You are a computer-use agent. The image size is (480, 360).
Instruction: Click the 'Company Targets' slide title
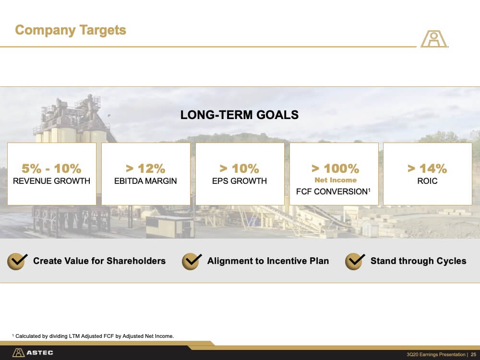[71, 30]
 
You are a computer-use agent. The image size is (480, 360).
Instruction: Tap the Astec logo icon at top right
[434, 38]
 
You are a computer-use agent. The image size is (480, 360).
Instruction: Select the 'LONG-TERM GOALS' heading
[240, 115]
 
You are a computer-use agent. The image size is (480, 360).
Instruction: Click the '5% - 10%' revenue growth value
[51, 168]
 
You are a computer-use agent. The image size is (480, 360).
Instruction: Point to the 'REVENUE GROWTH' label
[51, 181]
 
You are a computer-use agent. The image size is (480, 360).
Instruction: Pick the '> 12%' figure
[145, 168]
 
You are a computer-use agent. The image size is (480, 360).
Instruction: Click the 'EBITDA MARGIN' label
[145, 181]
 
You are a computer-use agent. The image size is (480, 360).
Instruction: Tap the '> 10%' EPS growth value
[240, 168]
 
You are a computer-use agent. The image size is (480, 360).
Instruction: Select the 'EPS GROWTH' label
[240, 181]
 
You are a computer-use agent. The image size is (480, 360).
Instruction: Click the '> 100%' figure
[335, 168]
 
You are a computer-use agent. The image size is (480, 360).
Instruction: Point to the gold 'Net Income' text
[336, 180]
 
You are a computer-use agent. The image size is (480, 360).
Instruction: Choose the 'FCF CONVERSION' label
[332, 192]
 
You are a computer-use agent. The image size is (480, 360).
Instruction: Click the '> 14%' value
[427, 168]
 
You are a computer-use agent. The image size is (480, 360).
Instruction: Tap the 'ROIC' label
[427, 181]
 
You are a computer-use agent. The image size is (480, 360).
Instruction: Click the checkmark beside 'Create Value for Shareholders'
[17, 261]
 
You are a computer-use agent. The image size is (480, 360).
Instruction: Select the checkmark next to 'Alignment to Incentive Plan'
[192, 261]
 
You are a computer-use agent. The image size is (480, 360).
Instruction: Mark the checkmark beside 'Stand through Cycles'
[355, 261]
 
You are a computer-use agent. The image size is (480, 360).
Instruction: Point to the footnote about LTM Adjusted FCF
[93, 336]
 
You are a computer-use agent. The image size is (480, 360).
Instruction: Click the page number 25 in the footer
[473, 355]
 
